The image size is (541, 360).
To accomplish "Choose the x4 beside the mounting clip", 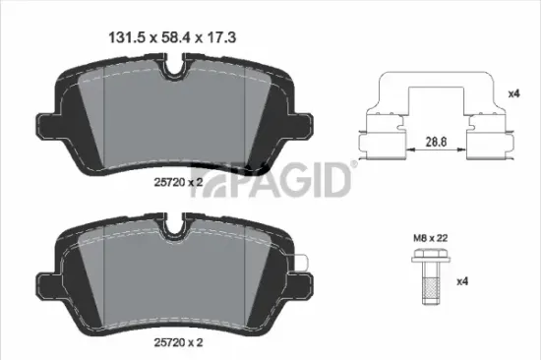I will coord(512,93).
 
